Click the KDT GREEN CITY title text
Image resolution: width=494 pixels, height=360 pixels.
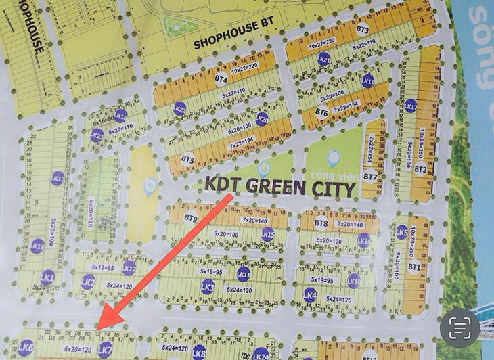click(x=279, y=187)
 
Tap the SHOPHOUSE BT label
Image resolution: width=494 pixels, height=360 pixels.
click(x=227, y=42)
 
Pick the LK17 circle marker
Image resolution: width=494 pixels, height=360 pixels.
click(x=410, y=106)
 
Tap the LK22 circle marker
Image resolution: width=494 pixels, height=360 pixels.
click(x=179, y=108)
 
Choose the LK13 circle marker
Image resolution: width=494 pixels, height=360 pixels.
click(x=58, y=179)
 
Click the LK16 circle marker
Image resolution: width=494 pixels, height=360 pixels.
click(x=38, y=246)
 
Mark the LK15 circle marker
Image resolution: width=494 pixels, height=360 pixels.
click(x=268, y=235)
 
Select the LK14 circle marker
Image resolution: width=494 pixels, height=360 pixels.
click(x=364, y=240)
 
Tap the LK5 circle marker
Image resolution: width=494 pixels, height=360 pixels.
click(x=402, y=231)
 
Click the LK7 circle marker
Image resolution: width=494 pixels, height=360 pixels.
click(x=105, y=350)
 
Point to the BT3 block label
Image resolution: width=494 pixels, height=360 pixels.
click(x=362, y=30)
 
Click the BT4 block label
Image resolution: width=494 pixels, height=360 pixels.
click(x=221, y=79)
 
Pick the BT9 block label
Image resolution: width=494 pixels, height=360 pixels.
click(x=191, y=219)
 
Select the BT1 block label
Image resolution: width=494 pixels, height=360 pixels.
click(x=414, y=267)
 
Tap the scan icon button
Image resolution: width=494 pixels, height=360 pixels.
click(x=460, y=329)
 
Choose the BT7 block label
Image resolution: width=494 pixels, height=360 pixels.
click(x=369, y=177)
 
